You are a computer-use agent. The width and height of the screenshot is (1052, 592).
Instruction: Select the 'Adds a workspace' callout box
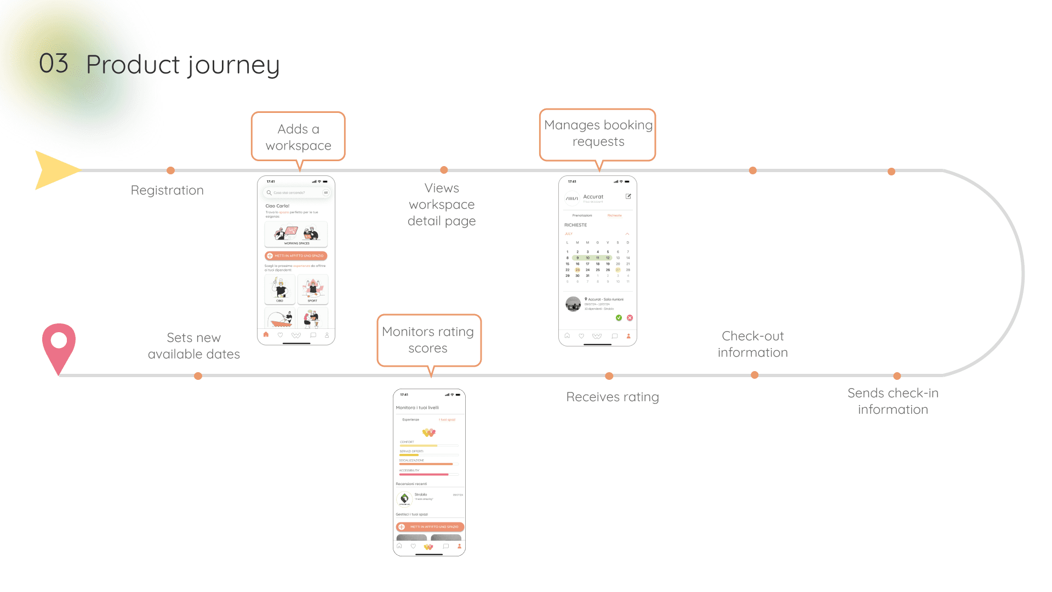click(298, 137)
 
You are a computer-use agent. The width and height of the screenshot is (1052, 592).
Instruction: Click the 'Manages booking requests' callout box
click(598, 134)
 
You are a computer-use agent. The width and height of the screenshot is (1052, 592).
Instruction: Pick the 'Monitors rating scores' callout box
click(428, 340)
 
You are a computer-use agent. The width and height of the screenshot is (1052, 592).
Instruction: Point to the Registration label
click(167, 190)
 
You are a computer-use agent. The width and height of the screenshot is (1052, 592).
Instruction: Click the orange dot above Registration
click(170, 170)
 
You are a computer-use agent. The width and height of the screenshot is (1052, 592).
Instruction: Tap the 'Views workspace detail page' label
click(442, 204)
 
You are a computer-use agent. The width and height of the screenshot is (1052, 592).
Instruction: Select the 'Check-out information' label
click(753, 344)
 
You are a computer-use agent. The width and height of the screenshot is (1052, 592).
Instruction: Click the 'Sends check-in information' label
click(893, 401)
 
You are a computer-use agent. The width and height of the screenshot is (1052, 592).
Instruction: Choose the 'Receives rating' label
click(612, 397)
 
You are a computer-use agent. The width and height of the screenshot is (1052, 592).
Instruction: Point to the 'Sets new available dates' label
click(194, 346)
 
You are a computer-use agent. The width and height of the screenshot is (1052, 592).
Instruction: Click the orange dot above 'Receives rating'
click(609, 376)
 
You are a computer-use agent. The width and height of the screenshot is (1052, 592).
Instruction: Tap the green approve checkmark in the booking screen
click(619, 318)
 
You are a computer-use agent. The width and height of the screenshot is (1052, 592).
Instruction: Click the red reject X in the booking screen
click(630, 318)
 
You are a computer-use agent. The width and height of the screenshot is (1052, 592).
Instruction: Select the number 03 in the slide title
click(54, 64)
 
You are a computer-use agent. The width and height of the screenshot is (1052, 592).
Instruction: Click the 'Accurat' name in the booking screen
click(593, 197)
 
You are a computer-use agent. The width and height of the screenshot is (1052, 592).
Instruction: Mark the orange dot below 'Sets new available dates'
click(198, 376)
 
